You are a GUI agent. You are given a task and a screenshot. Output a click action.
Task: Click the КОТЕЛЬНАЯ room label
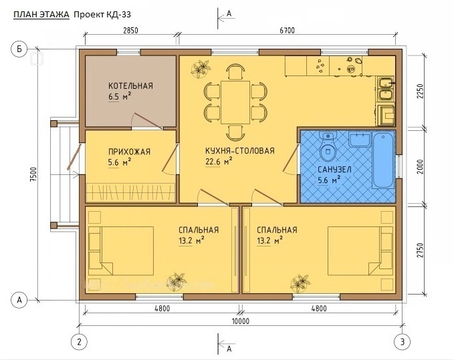(x=130, y=86)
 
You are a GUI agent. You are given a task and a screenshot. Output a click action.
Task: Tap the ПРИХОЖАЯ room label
(x=129, y=152)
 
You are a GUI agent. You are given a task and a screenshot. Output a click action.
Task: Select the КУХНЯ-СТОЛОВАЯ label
(x=240, y=151)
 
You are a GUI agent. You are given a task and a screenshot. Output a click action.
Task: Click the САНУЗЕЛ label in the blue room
(x=334, y=170)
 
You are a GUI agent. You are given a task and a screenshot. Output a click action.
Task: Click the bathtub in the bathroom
(x=383, y=160)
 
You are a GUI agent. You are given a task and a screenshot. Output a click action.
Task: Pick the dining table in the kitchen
(x=235, y=102)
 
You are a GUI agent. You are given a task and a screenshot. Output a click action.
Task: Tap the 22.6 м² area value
(x=219, y=162)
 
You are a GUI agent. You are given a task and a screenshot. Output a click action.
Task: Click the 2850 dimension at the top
(x=130, y=30)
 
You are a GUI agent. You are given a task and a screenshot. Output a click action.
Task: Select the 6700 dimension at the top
(x=287, y=30)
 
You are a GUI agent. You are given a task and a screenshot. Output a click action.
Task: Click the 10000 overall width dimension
(x=240, y=321)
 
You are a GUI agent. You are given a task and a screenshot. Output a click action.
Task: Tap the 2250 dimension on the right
(x=421, y=91)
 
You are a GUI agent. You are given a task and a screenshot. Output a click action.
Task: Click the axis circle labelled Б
(x=19, y=49)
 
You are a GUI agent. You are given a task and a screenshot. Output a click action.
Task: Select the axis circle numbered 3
(x=402, y=342)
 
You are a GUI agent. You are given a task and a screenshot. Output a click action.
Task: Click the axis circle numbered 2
(x=79, y=342)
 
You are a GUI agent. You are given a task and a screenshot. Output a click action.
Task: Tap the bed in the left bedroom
(x=121, y=250)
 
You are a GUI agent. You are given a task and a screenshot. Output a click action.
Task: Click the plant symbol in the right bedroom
(x=300, y=283)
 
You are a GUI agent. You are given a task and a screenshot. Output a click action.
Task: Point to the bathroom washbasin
(x=359, y=140)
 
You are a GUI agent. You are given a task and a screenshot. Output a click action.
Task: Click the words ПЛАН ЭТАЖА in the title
(x=41, y=15)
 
